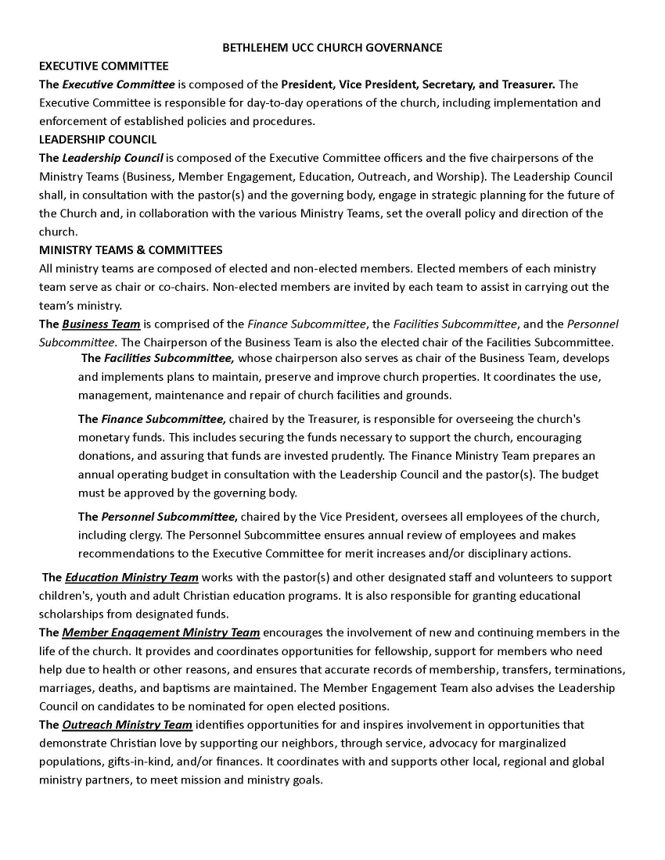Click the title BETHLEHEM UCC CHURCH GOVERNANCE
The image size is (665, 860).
click(x=332, y=48)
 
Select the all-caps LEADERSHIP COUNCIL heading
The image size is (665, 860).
click(x=98, y=139)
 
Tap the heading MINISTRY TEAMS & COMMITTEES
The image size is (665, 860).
click(x=131, y=250)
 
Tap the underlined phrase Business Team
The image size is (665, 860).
click(x=102, y=324)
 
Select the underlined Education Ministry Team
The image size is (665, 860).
click(x=131, y=578)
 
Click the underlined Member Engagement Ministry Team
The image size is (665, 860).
click(x=160, y=632)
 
